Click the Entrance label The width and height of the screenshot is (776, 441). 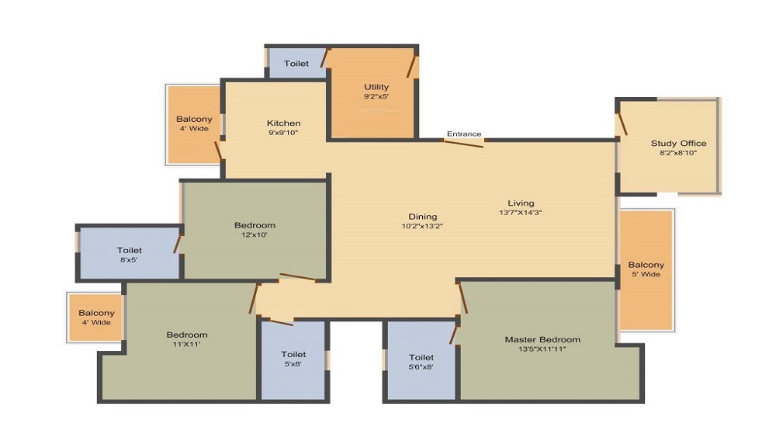click(x=463, y=134)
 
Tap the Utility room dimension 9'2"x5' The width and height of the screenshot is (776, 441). click(x=376, y=97)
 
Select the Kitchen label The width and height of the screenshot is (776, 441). click(x=283, y=123)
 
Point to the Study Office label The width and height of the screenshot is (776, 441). click(x=678, y=144)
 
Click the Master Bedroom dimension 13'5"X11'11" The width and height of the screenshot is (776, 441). click(x=542, y=349)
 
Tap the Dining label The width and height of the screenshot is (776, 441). click(x=423, y=217)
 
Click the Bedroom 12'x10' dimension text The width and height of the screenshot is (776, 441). click(x=255, y=234)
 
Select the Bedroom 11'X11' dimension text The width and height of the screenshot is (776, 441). click(x=186, y=345)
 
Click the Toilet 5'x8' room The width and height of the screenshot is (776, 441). click(x=293, y=359)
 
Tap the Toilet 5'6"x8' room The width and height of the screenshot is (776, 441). click(x=421, y=362)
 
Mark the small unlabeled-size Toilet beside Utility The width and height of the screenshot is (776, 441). click(x=296, y=64)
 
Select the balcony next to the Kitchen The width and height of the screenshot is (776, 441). click(x=193, y=124)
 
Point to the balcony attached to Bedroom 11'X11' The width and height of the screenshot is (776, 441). click(x=96, y=317)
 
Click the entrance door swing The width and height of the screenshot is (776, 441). click(x=464, y=142)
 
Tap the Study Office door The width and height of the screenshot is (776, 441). click(x=622, y=124)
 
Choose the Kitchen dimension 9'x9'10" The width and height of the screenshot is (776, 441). click(x=283, y=133)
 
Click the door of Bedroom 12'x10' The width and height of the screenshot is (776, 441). click(x=297, y=276)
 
